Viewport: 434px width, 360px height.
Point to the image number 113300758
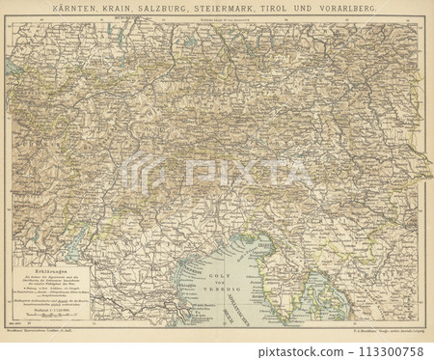point(394,352)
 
